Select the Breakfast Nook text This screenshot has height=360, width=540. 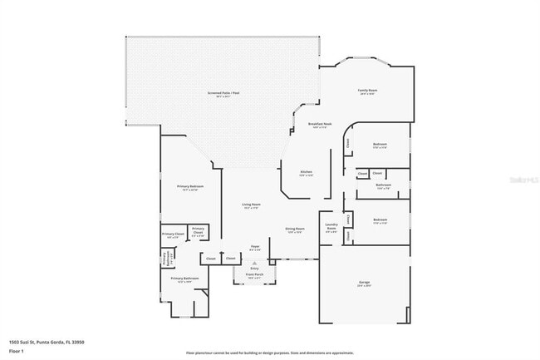point(320,124)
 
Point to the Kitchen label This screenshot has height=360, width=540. point(307,172)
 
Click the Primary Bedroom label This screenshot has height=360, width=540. point(190,186)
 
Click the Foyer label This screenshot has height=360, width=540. point(256,246)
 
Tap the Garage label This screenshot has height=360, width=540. point(364,283)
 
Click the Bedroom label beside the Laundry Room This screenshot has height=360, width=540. point(380,221)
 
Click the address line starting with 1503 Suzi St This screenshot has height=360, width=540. point(47,342)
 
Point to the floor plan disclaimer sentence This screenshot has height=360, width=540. point(269,353)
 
